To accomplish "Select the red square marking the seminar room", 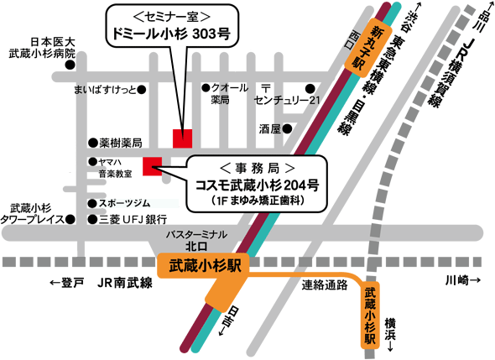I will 182,138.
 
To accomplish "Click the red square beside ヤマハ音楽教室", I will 152,165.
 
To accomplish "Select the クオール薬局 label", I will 232,93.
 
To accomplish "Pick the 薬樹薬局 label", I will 120,143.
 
